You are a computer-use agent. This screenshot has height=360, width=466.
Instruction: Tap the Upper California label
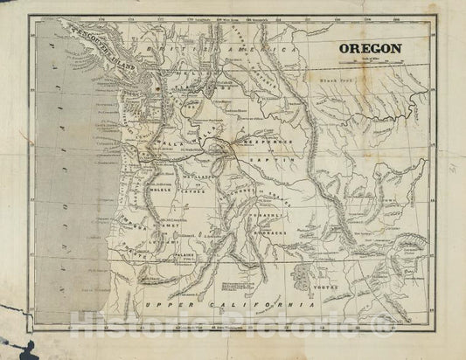pyautogui.click(x=228, y=303)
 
